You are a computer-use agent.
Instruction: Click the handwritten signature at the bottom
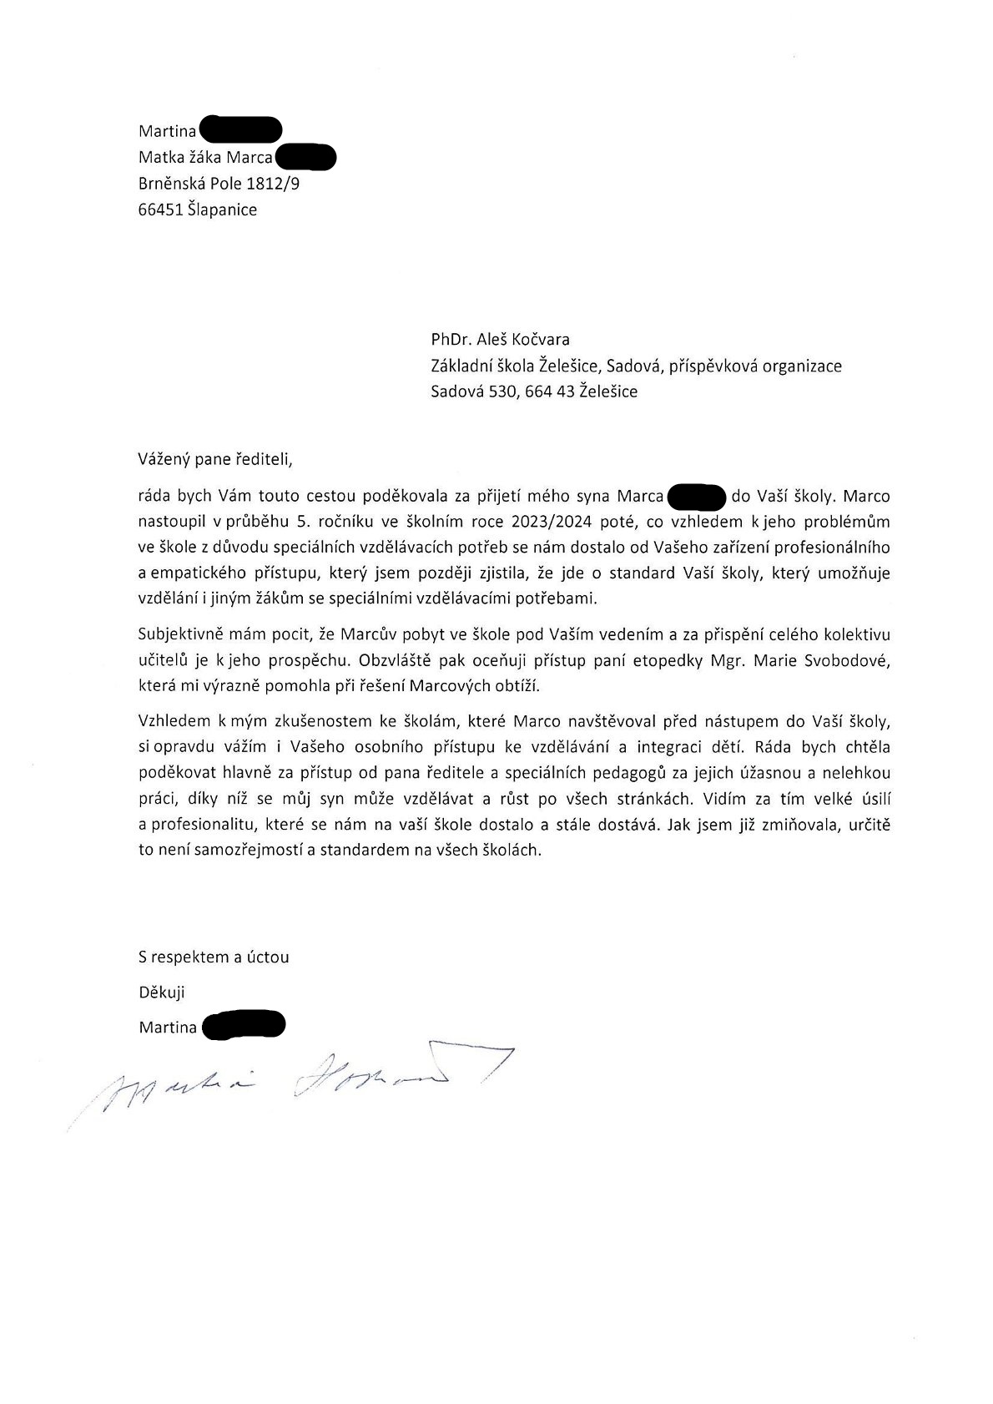click(x=292, y=1081)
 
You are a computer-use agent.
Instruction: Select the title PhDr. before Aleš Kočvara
click(x=451, y=340)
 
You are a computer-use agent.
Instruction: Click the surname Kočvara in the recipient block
click(x=539, y=340)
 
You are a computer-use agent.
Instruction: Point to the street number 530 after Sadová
click(x=504, y=391)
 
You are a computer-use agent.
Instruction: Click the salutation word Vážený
click(x=164, y=459)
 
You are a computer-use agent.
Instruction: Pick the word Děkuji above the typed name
click(x=161, y=992)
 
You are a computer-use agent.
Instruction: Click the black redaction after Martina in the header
click(x=240, y=130)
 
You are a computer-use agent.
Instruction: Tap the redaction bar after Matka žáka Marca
click(x=305, y=157)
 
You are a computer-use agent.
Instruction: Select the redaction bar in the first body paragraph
click(x=697, y=497)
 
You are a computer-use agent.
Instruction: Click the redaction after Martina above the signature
click(x=243, y=1026)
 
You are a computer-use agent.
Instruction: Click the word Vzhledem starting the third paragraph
click(x=174, y=721)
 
